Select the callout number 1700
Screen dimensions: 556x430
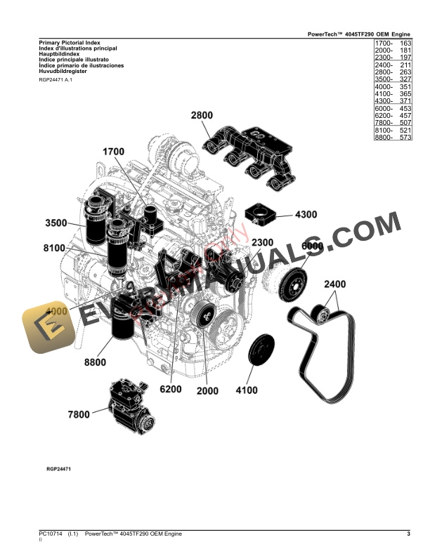[x=113, y=152]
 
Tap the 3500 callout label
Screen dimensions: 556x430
[x=56, y=223]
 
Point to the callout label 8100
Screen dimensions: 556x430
[x=54, y=248]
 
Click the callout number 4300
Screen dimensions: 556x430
[x=306, y=214]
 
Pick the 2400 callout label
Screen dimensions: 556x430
[x=334, y=284]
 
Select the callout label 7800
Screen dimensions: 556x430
[x=79, y=415]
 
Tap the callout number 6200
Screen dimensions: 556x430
[x=171, y=390]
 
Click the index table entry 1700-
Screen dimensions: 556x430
[x=384, y=44]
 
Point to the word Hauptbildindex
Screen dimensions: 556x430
[x=60, y=53]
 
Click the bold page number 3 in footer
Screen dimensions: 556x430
[x=408, y=534]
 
